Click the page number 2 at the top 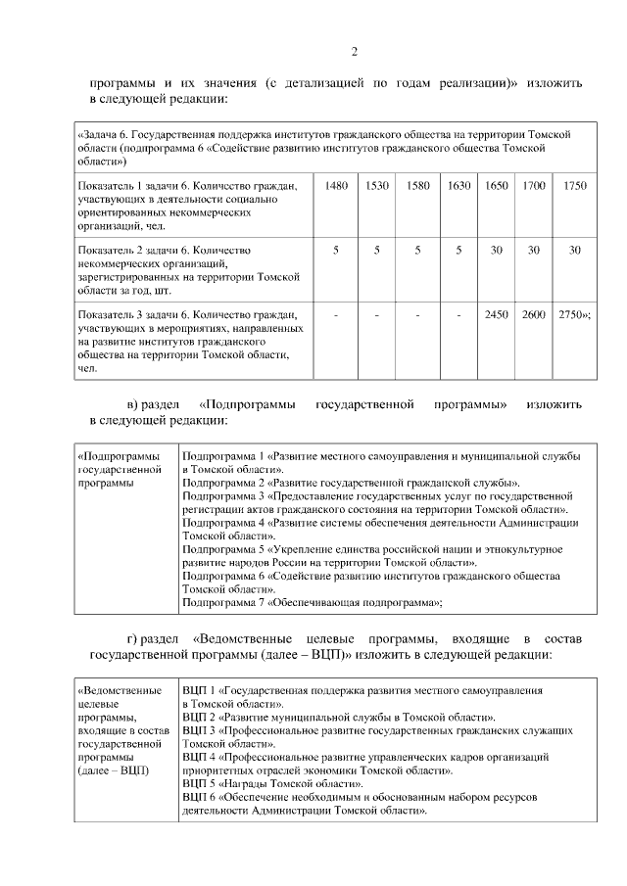(355, 52)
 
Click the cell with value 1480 (335, 185)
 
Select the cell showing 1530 (377, 185)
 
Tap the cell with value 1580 (417, 185)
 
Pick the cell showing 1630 (458, 185)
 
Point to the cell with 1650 (497, 185)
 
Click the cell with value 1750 (575, 185)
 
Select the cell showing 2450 (497, 314)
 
